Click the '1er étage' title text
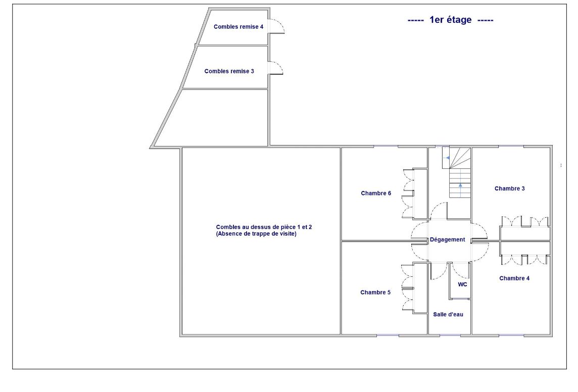tap(450, 20)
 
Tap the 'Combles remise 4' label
tap(238, 27)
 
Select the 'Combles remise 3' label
tap(229, 71)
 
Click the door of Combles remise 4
tap(276, 26)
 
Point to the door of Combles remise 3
tap(276, 68)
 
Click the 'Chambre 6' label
tap(376, 193)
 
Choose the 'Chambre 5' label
tap(375, 292)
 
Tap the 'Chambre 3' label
tap(509, 188)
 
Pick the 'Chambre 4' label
tap(514, 278)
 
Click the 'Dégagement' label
tap(448, 239)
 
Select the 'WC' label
tap(462, 284)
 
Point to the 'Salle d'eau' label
tap(448, 314)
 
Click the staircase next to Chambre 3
tap(457, 172)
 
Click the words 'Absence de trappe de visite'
tap(256, 233)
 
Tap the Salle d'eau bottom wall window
tap(450, 335)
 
